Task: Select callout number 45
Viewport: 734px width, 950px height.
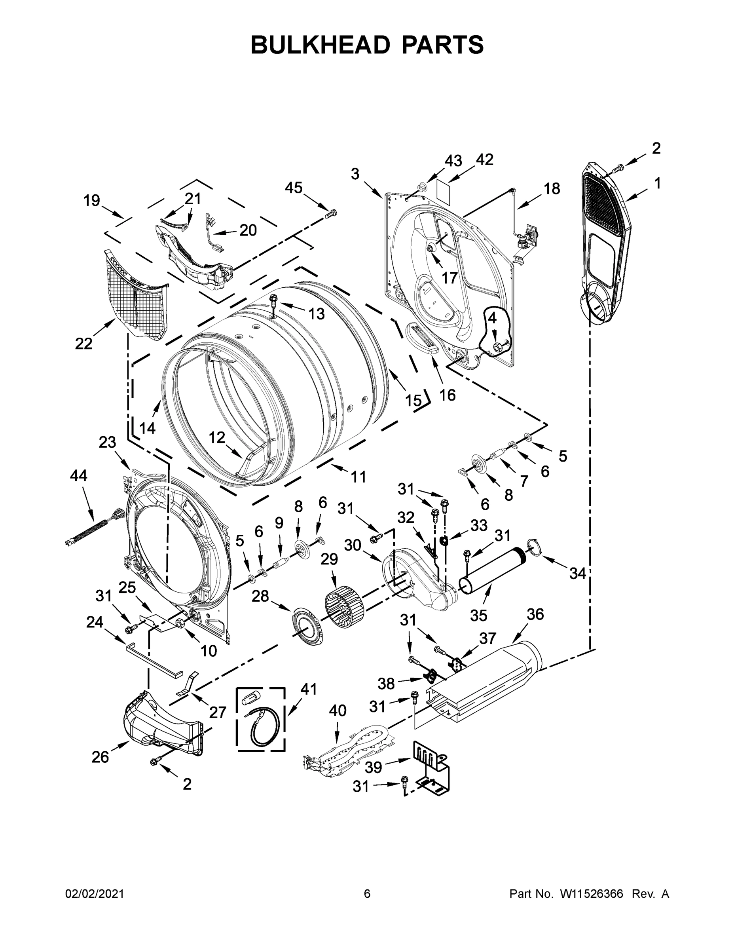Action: click(294, 188)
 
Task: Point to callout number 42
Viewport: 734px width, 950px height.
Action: click(484, 160)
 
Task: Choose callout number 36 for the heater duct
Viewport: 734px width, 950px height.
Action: click(535, 614)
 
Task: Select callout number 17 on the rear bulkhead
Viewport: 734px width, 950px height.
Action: click(450, 277)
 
